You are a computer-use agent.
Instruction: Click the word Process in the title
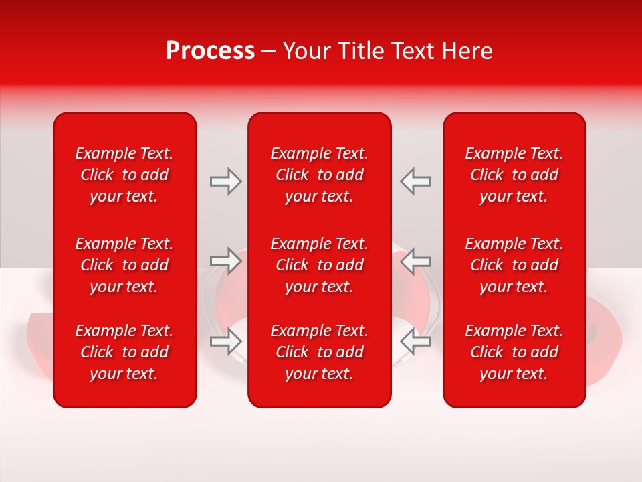click(210, 51)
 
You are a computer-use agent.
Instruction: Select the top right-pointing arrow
click(225, 181)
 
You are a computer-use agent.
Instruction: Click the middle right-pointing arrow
click(225, 260)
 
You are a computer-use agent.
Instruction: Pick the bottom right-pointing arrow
click(225, 341)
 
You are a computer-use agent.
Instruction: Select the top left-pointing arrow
click(416, 181)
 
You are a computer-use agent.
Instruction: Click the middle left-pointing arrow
click(416, 260)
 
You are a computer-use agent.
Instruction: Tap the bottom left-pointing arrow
click(416, 341)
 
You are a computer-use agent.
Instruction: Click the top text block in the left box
click(124, 175)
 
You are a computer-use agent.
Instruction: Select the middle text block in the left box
click(124, 265)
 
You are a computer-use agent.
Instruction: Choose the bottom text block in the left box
click(124, 352)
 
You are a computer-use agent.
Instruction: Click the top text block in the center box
click(320, 175)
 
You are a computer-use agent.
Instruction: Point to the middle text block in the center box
click(320, 265)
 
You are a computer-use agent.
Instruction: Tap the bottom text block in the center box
click(320, 352)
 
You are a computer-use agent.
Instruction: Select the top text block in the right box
click(514, 175)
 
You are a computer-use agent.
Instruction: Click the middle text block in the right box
click(514, 265)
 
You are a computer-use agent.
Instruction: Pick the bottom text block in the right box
click(514, 352)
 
